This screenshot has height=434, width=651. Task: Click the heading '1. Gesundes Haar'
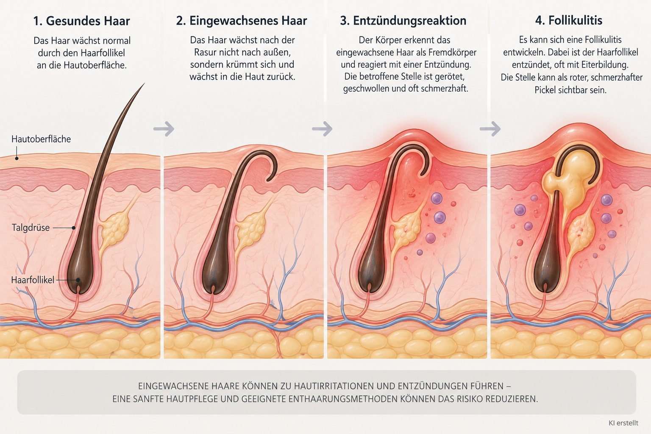81,21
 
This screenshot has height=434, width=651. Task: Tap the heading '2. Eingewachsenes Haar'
242,21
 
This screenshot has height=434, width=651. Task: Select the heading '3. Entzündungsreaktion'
403,21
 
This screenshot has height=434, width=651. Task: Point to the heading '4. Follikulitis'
569,20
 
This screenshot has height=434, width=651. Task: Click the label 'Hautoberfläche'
41,139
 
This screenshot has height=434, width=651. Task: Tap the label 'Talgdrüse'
31,228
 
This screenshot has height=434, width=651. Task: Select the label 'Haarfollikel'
33,280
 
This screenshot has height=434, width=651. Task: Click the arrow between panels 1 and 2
164,128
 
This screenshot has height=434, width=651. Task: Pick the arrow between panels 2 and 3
322,128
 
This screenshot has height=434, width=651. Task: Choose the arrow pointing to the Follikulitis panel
490,128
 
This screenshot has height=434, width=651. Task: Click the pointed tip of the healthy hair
145,83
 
